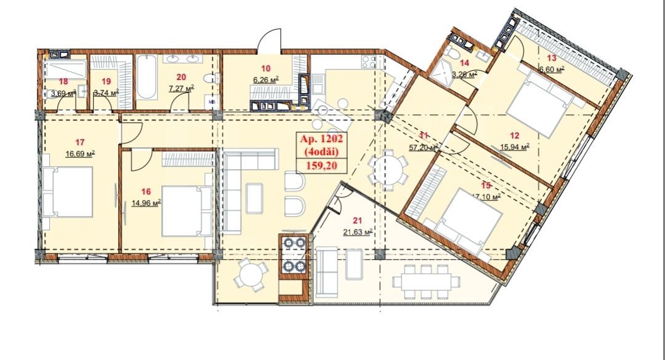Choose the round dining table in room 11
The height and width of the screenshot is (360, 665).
(388, 169)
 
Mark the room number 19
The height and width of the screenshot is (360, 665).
(105, 80)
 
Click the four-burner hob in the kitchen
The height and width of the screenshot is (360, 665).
(293, 255)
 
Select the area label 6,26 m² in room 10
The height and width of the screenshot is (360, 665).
(265, 78)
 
